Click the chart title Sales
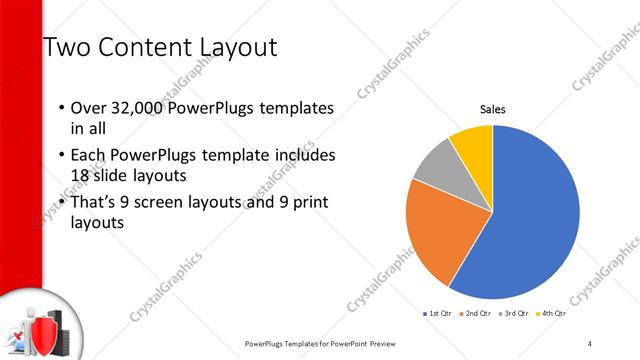pos(492,109)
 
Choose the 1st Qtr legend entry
pos(437,314)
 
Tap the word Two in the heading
pos(69,47)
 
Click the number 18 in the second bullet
pos(82,174)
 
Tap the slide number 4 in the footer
pos(590,343)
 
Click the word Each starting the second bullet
pos(88,155)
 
